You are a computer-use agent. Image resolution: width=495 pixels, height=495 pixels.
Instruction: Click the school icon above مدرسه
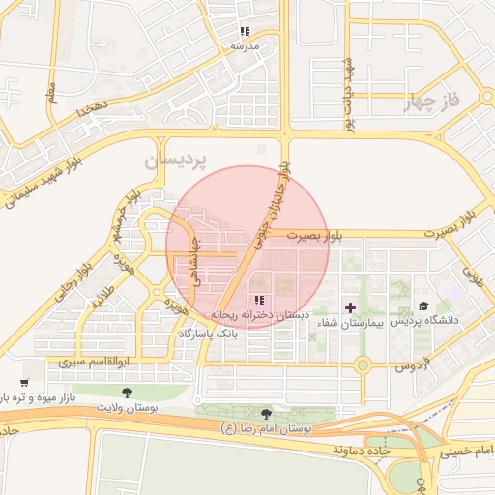coord(245,32)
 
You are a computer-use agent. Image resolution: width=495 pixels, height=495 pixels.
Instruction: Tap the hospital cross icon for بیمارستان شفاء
coord(350,307)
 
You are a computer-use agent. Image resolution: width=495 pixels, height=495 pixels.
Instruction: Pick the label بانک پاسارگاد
coord(207,333)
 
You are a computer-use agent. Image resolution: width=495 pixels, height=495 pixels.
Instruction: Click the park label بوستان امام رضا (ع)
coord(265,427)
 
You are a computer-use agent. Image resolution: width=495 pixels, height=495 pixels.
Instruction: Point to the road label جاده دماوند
coord(334,451)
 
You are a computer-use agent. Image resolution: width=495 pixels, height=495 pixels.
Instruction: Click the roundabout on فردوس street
coord(363,365)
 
